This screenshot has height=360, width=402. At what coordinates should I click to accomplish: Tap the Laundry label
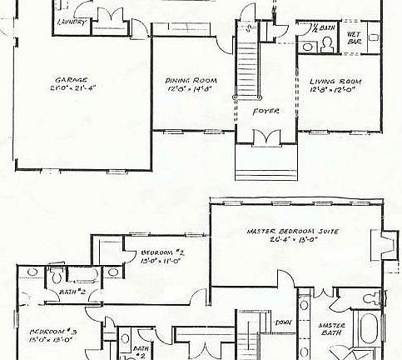tap(72, 22)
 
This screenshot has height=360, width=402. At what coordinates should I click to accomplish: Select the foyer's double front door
tap(266, 137)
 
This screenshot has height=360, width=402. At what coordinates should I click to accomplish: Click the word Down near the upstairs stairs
tap(284, 321)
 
